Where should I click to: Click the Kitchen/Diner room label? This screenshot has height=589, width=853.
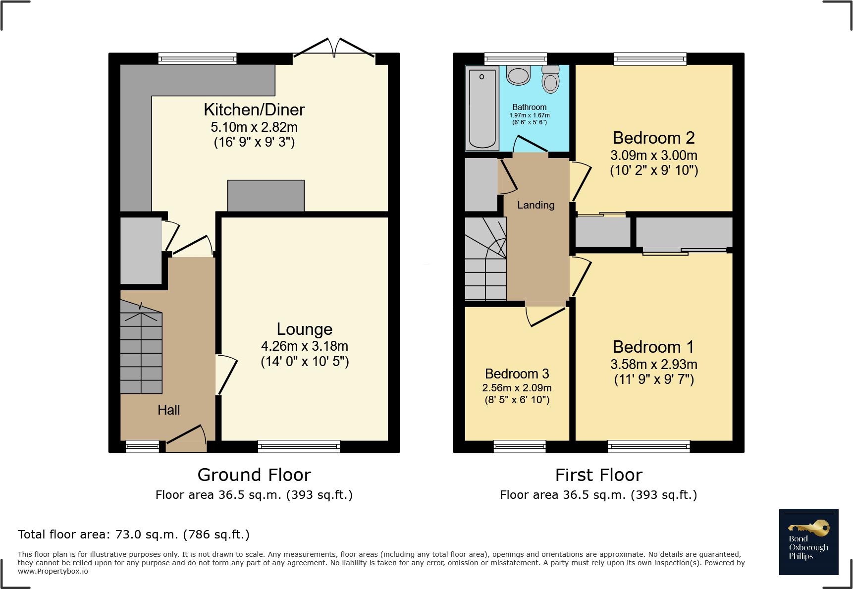click(x=254, y=109)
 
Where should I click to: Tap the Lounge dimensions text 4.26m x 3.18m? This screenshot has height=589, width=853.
click(x=304, y=346)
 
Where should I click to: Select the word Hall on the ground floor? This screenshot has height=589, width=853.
click(x=168, y=410)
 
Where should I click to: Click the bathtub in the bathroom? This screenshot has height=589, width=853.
click(x=482, y=108)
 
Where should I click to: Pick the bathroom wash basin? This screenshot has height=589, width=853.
click(x=519, y=75)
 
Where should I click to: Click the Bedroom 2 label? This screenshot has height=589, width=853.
click(x=653, y=138)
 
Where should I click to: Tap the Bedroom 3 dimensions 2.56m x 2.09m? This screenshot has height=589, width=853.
click(x=517, y=388)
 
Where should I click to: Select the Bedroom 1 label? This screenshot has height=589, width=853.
click(x=653, y=347)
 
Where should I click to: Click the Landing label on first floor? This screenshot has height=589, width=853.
click(x=535, y=205)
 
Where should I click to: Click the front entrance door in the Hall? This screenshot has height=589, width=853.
click(x=186, y=436)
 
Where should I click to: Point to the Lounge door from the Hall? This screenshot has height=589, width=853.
click(x=226, y=375)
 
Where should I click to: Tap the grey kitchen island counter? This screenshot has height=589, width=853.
click(x=266, y=196)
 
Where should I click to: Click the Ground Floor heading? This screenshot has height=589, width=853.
click(x=254, y=475)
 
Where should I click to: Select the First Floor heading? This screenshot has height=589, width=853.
click(x=598, y=475)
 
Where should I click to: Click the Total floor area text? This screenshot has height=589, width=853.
click(x=134, y=535)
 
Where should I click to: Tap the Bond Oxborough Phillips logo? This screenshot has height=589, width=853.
click(x=808, y=542)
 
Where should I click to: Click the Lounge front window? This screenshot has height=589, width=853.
click(x=299, y=446)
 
